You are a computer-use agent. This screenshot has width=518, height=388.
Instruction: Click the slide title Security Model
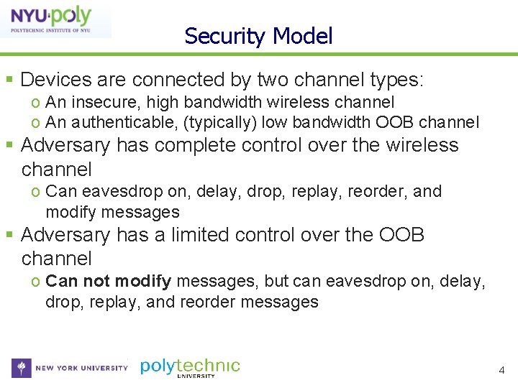tap(258, 36)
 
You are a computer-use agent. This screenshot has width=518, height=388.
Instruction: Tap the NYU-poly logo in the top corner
tap(56, 20)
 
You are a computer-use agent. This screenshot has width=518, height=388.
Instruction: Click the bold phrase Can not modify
tap(108, 281)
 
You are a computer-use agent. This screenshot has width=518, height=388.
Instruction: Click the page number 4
tap(502, 371)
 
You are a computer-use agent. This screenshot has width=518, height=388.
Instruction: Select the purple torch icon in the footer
tap(22, 368)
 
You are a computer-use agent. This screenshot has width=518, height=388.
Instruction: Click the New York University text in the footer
tap(81, 368)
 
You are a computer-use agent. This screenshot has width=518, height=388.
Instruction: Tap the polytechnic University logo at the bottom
tap(190, 368)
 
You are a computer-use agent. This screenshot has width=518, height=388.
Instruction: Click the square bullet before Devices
tap(9, 80)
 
